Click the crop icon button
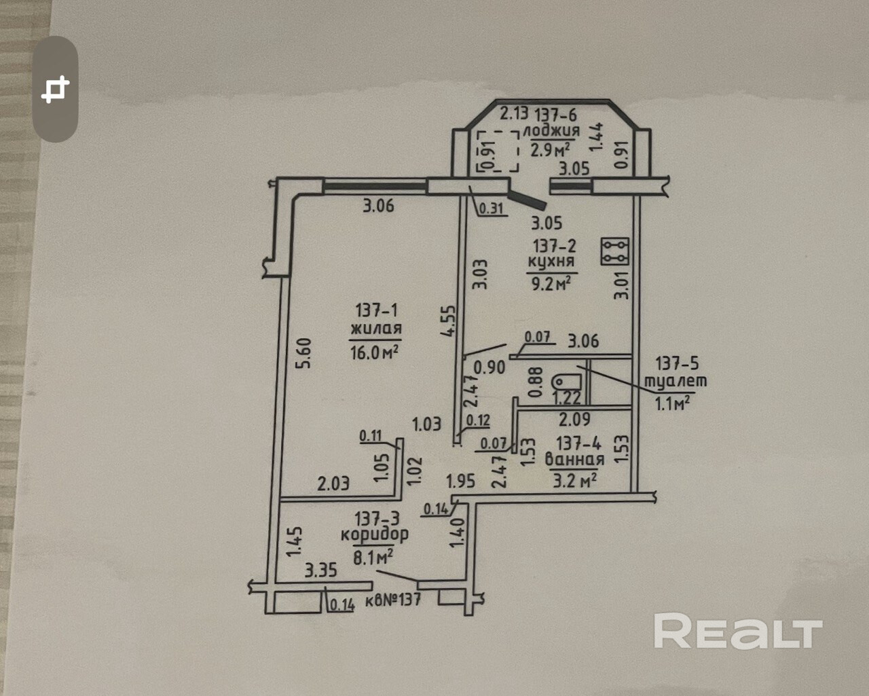pos(56,89)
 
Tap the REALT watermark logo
pos(737,631)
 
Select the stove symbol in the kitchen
pos(615,251)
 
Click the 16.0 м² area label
pos(374,352)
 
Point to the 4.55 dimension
pos(448,320)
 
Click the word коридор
pos(375,535)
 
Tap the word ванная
pos(575,460)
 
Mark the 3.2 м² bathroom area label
pos(574,481)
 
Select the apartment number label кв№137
pos(393,600)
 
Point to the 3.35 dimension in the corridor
pos(320,570)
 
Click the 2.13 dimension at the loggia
pos(514,113)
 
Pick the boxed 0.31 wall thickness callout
pos(492,208)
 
